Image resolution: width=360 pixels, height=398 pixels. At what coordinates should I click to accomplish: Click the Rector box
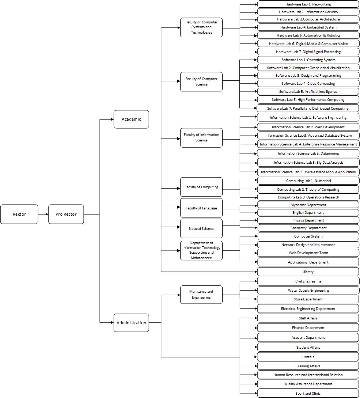coord(19,214)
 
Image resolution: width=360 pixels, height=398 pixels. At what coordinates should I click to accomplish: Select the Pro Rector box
coord(66,214)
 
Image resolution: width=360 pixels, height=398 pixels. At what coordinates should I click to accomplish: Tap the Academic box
coord(131,119)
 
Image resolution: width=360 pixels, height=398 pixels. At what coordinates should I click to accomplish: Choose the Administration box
coord(131,323)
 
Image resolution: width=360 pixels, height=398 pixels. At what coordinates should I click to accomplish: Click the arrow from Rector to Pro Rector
coord(43,214)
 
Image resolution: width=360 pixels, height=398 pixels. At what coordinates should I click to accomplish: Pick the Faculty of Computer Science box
coord(201,82)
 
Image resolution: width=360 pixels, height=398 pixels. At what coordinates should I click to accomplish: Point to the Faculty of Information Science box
coord(201,137)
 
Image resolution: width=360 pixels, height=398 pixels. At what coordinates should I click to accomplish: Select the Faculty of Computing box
coord(201,187)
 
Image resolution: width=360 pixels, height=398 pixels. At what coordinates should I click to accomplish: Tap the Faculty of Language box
coord(201,208)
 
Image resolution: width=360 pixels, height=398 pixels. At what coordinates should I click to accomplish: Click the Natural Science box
coord(201,228)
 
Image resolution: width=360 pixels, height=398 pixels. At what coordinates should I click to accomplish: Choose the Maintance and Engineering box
coord(201,295)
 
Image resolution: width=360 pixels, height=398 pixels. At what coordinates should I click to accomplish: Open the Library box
coord(308,272)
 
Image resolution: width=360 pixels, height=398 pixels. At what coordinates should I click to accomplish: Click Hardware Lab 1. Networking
coord(308,4)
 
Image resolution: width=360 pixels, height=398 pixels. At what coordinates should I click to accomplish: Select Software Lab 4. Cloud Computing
coord(308,83)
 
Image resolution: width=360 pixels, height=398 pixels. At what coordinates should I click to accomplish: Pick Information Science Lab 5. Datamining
coord(308,153)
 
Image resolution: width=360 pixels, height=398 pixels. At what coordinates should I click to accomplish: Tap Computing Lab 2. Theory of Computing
coord(308,189)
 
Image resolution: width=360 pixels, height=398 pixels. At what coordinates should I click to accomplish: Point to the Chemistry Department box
coord(308,228)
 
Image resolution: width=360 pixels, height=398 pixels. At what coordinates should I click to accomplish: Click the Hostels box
coord(308,357)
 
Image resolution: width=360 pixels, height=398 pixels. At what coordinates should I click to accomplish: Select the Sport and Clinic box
coord(308,393)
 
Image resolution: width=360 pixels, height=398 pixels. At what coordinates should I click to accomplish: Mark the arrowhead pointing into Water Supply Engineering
coord(256,291)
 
